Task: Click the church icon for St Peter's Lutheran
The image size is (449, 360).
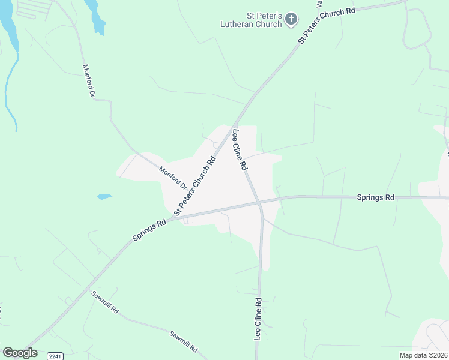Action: tap(291, 19)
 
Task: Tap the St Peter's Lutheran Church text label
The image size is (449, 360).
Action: tap(252, 19)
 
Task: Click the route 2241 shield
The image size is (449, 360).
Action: tap(55, 355)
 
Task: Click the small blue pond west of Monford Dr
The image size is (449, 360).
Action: tap(104, 196)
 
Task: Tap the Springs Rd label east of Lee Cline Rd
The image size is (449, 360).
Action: tap(375, 197)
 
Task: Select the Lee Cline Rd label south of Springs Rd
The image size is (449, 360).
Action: tap(258, 319)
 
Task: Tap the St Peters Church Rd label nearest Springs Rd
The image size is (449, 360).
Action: tap(194, 186)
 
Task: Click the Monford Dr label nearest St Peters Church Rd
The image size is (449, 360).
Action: tap(173, 178)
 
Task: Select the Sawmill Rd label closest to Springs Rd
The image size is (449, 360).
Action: tap(106, 304)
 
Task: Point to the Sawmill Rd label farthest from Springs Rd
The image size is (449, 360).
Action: tap(184, 341)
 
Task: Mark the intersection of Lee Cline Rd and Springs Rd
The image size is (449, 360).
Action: tap(259, 203)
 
